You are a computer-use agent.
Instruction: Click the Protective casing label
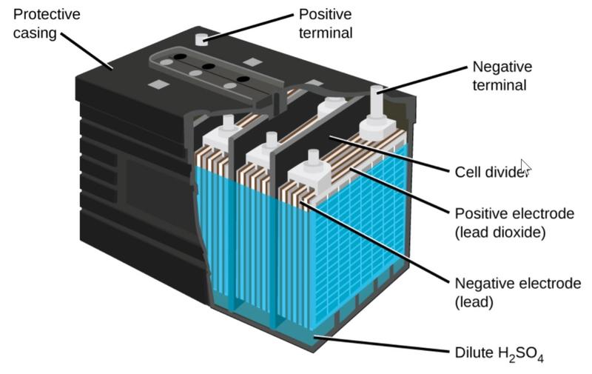[x=47, y=24]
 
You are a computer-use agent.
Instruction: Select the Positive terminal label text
[x=326, y=24]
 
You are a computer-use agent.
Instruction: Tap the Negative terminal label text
[x=502, y=76]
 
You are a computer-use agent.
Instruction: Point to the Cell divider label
[x=491, y=172]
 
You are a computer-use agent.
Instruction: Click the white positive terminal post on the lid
[x=201, y=39]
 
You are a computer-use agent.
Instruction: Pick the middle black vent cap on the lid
[x=209, y=67]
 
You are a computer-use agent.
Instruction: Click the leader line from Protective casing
[x=87, y=50]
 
